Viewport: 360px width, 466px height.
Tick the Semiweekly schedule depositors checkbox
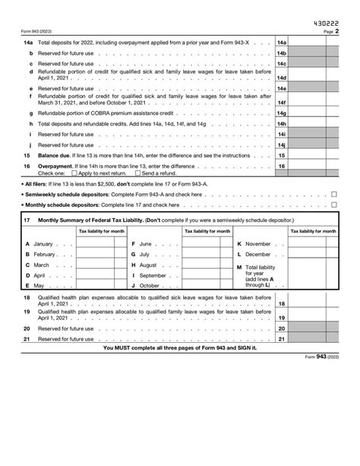pyautogui.click(x=334, y=194)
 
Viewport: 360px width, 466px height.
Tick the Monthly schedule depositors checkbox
pyautogui.click(x=334, y=205)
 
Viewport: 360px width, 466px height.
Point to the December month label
pyautogui.click(x=257, y=254)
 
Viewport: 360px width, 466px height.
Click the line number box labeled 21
pyautogui.click(x=281, y=338)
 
